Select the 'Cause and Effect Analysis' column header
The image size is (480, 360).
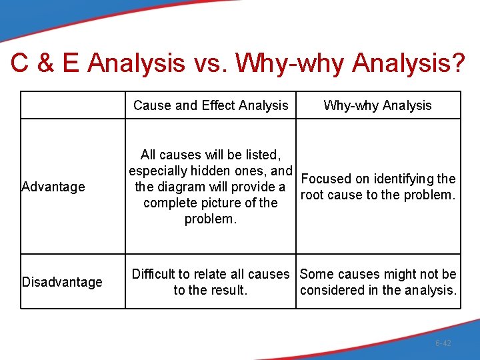pos(211,105)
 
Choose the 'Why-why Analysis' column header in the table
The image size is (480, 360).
pos(377,105)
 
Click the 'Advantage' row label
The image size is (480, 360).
pos(53,187)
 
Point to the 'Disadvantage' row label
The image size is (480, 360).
pos(62,282)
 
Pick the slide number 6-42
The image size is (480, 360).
pos(443,343)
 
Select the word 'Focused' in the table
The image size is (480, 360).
pos(326,179)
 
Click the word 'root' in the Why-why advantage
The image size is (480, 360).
pos(313,195)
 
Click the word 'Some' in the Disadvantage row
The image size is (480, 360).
pos(315,274)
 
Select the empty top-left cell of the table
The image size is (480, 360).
pos(73,105)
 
